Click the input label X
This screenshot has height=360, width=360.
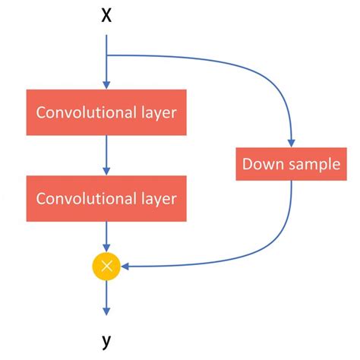click(x=106, y=16)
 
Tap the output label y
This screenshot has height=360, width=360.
click(x=106, y=341)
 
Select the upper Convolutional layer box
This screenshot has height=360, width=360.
click(x=106, y=113)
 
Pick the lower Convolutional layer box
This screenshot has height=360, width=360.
click(x=106, y=198)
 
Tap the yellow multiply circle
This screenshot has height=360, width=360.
click(x=106, y=265)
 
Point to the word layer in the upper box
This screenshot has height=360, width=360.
click(x=156, y=114)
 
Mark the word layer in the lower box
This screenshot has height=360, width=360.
click(x=156, y=199)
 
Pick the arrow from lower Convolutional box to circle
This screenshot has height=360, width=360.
click(x=106, y=235)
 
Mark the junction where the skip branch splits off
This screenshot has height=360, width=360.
click(x=106, y=55)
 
